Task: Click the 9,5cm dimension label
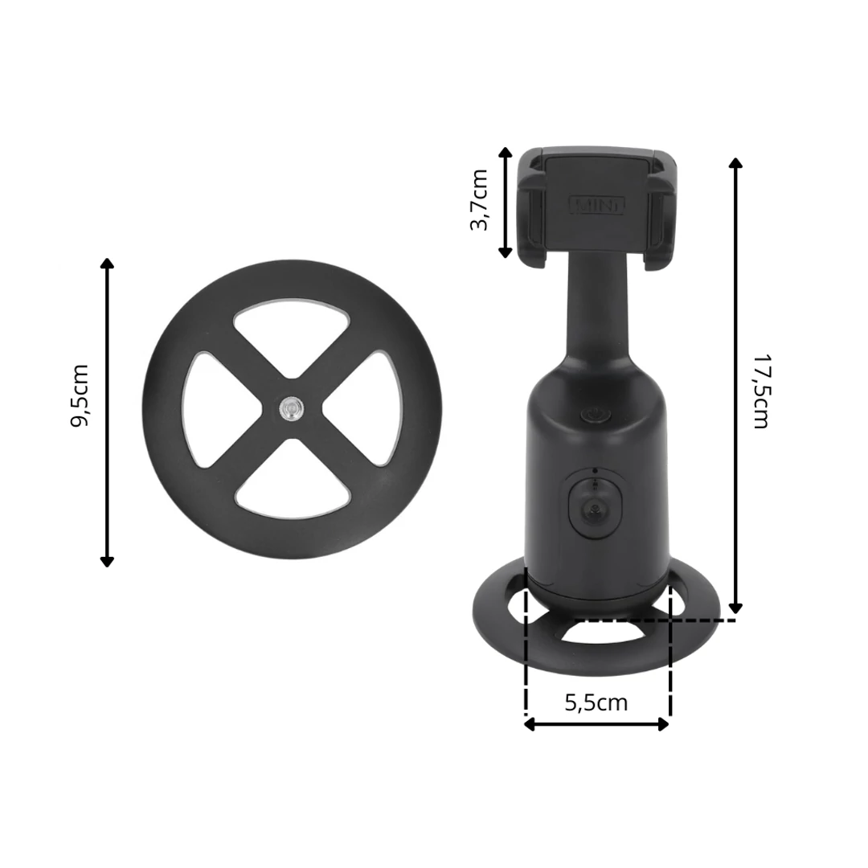coord(79,395)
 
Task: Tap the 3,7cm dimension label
coord(478,200)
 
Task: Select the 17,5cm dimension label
coord(761,391)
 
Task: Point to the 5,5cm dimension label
coord(596,702)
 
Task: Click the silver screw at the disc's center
coord(292,409)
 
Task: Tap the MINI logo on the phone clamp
coord(596,205)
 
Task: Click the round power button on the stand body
coord(596,415)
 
